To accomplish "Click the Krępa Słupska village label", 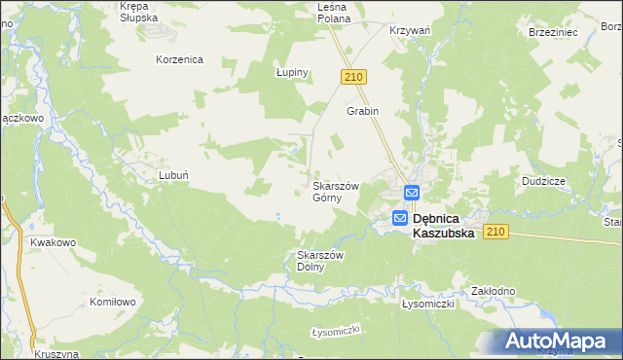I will tap(141, 13).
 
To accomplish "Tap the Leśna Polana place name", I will tap(340, 13).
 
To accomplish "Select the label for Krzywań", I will tap(410, 31).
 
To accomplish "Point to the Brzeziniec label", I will tap(555, 31).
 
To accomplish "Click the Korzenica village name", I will tap(179, 59).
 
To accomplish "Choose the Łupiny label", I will tap(291, 73).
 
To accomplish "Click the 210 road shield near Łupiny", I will tap(353, 77).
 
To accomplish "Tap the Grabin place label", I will tap(362, 111).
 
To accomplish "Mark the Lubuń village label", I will tap(173, 176).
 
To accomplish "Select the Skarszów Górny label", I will tap(335, 192).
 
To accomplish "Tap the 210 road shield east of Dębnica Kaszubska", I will tap(496, 232).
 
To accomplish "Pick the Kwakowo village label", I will tap(54, 242).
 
